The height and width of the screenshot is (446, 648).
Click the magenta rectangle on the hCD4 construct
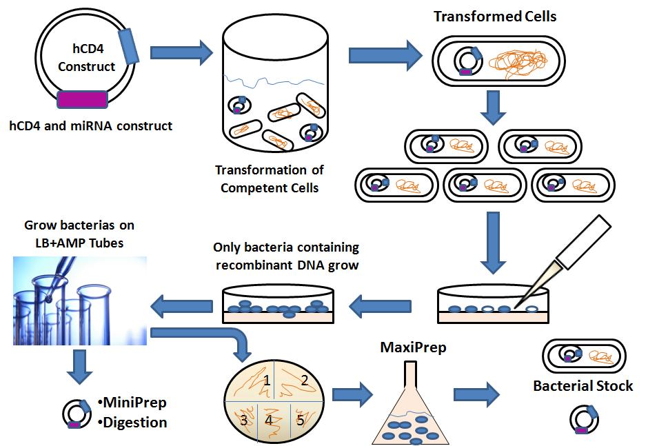tap(82, 100)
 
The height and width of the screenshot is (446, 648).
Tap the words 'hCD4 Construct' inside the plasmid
tap(86, 58)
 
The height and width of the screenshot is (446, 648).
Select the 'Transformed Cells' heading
tap(495, 17)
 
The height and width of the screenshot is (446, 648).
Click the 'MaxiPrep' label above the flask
tap(414, 347)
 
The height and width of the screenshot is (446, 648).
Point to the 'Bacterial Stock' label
tap(583, 386)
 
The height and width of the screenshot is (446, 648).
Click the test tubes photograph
tap(81, 301)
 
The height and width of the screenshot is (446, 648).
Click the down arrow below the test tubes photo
tap(81, 367)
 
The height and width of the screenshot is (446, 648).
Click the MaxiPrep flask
tap(413, 414)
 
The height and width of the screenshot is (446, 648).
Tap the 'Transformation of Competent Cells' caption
tap(269, 178)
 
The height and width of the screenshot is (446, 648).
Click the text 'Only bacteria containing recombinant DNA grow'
tap(286, 256)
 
